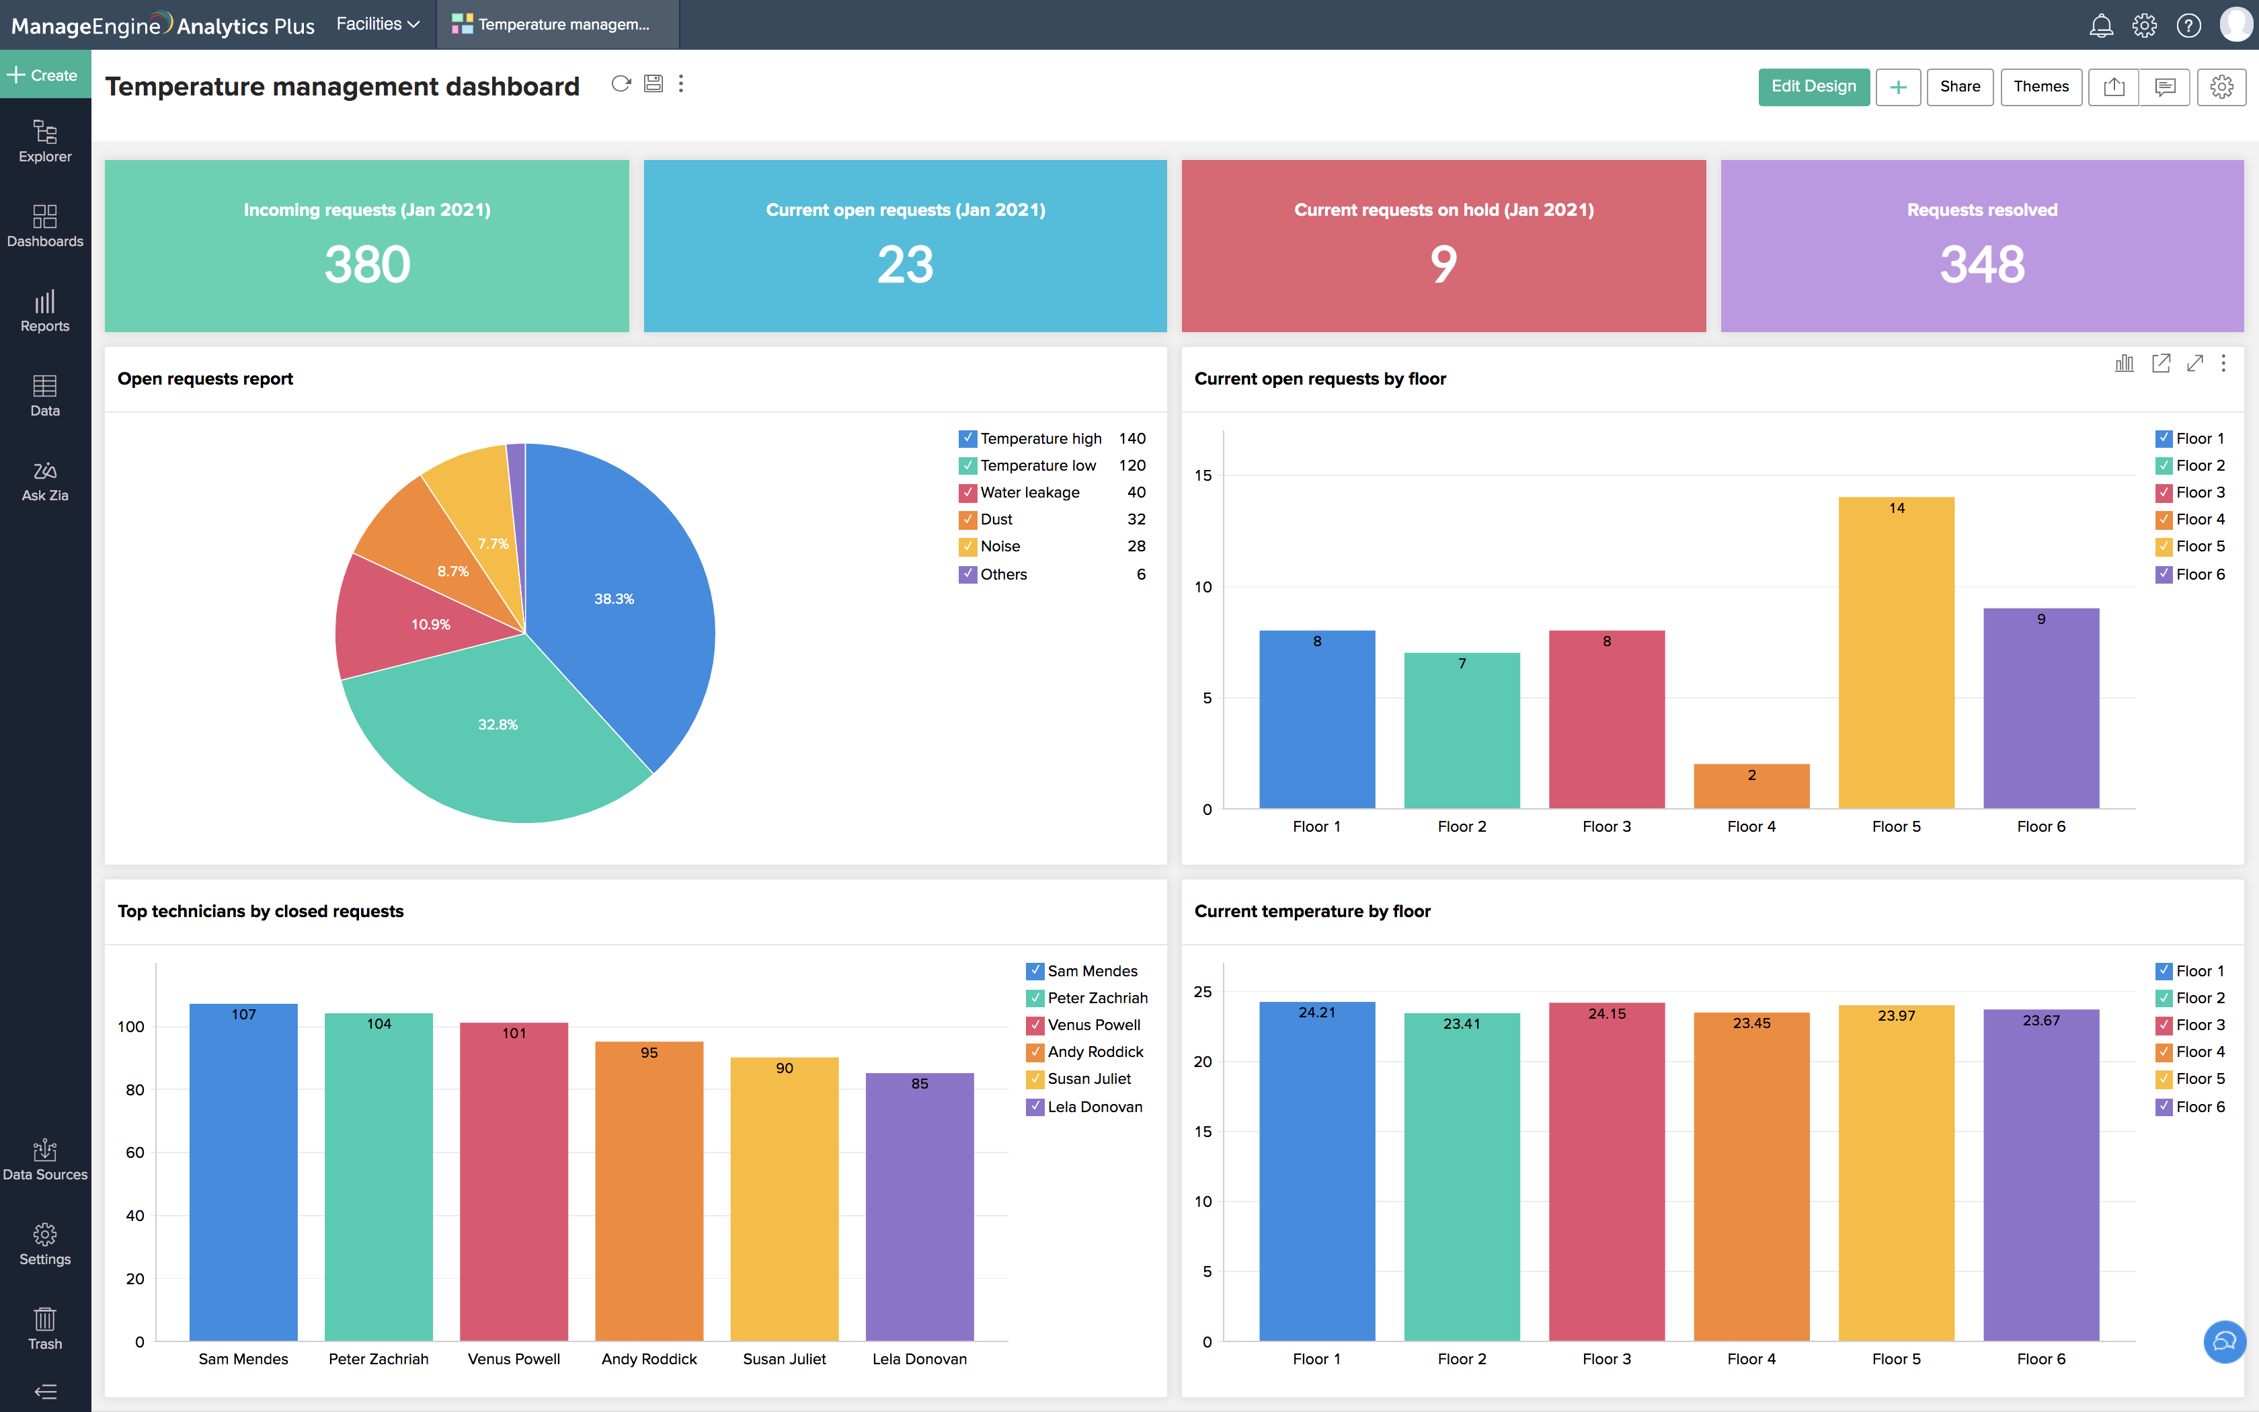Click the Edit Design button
click(1813, 87)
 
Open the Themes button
click(2040, 87)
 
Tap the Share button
click(1959, 87)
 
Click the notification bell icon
click(2100, 26)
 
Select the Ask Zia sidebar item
click(45, 481)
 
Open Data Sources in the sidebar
click(45, 1160)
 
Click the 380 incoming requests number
click(367, 264)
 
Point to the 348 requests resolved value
click(1982, 264)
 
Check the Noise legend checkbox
click(968, 546)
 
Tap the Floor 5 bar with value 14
click(1896, 654)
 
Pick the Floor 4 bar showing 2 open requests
click(1751, 786)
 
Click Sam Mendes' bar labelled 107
click(243, 1172)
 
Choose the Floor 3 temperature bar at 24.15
click(1606, 1172)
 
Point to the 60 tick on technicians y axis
click(135, 1152)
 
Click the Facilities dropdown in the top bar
click(377, 24)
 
